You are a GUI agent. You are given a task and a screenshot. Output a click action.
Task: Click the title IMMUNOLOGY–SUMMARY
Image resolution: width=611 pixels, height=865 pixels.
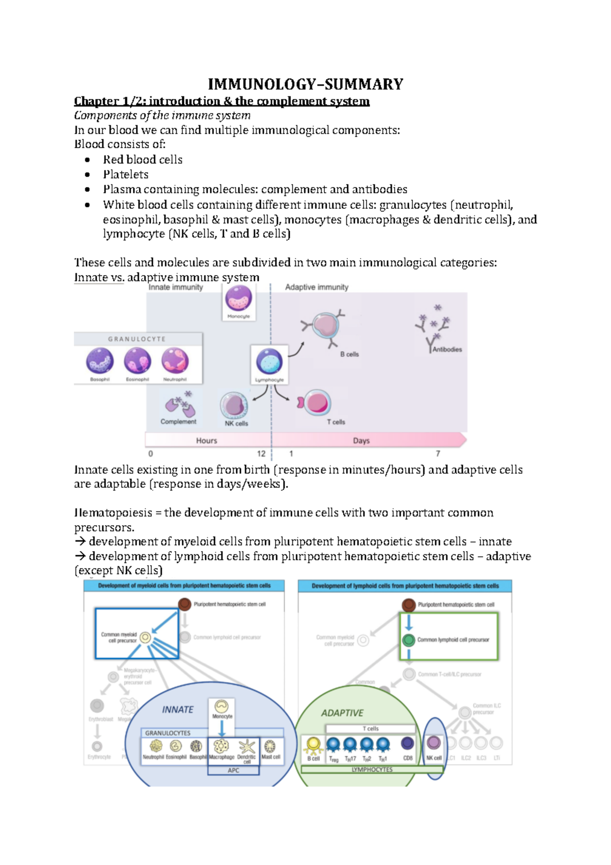click(305, 84)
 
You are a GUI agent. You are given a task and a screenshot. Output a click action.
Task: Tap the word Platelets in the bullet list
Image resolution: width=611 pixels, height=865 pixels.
click(126, 175)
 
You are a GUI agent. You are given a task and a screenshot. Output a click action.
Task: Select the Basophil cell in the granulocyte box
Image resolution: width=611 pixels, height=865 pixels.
click(100, 361)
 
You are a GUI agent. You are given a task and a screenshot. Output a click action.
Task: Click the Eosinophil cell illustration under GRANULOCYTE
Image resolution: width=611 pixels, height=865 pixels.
click(137, 361)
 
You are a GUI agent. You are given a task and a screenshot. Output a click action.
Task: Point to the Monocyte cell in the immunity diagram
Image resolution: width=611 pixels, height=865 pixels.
click(238, 299)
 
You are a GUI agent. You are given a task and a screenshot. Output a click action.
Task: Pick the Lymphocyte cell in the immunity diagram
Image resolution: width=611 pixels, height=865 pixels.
click(269, 361)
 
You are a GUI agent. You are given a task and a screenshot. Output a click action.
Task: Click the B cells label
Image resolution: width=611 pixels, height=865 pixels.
click(349, 354)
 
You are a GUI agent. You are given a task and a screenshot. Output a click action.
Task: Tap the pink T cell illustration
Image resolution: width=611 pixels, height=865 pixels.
click(316, 403)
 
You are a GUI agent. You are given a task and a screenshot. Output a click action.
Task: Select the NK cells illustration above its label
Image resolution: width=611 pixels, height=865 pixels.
click(234, 406)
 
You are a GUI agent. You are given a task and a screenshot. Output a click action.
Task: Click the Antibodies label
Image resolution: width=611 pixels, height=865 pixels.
click(447, 349)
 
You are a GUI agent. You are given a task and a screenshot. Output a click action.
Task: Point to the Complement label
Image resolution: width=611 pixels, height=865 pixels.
click(178, 422)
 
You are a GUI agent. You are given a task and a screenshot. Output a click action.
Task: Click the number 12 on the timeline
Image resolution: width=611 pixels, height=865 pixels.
click(261, 453)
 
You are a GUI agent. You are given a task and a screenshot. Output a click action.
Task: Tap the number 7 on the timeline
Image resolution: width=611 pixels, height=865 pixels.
click(438, 453)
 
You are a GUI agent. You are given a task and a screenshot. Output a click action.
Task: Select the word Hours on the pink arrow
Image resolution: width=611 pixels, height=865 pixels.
click(207, 441)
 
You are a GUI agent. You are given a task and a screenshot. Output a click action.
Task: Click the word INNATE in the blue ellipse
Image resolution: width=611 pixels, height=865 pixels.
click(178, 710)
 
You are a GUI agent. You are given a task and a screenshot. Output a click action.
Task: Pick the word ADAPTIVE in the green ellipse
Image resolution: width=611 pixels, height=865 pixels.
click(342, 713)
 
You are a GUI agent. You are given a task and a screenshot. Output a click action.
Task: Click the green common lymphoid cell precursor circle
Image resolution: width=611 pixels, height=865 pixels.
click(408, 640)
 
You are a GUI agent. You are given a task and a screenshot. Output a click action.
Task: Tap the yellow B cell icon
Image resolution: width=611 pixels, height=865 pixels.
click(313, 745)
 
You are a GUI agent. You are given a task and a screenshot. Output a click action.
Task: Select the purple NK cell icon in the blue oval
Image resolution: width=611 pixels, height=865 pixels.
click(434, 743)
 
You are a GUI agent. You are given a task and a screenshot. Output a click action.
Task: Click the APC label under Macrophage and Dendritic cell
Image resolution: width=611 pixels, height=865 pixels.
click(233, 771)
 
